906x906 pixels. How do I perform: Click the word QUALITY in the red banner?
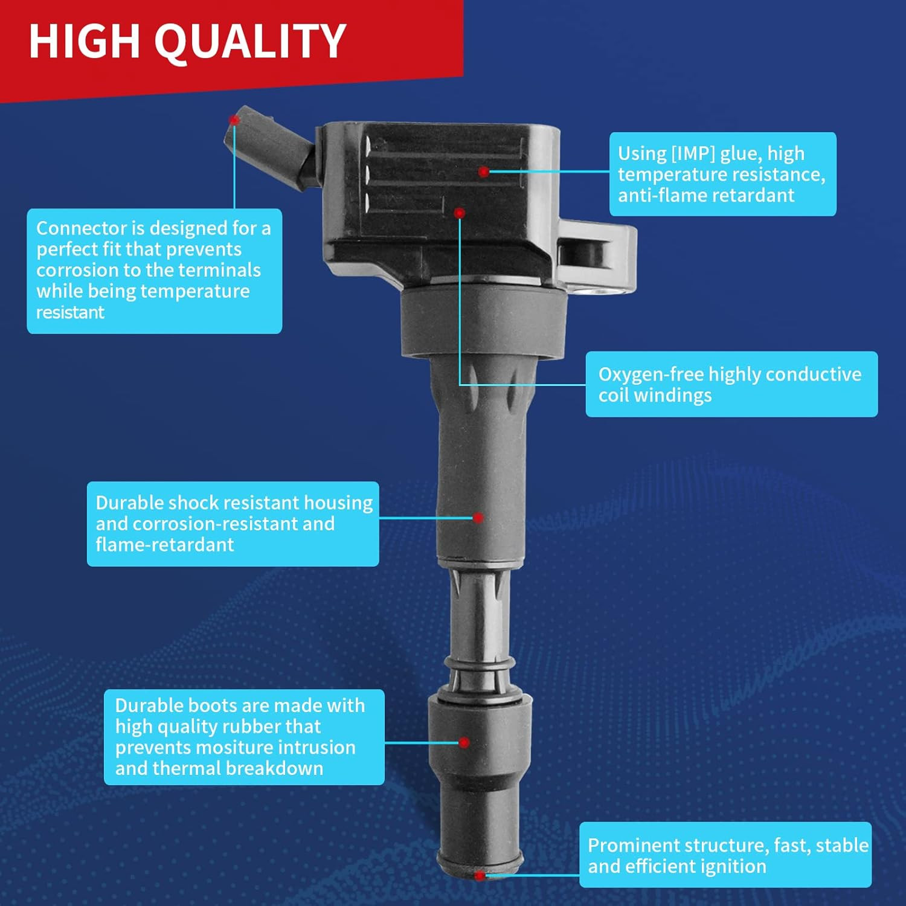click(251, 42)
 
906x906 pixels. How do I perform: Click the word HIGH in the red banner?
click(84, 41)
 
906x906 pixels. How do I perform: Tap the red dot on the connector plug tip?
click(234, 120)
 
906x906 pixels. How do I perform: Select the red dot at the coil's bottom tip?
click(480, 875)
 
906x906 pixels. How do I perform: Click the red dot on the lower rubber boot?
click(464, 742)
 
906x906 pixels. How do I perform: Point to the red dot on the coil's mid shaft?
click(478, 518)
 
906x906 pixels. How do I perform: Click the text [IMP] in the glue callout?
click(693, 154)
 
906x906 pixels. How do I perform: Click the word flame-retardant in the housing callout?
click(165, 545)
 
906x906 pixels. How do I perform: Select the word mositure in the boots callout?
click(235, 747)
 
